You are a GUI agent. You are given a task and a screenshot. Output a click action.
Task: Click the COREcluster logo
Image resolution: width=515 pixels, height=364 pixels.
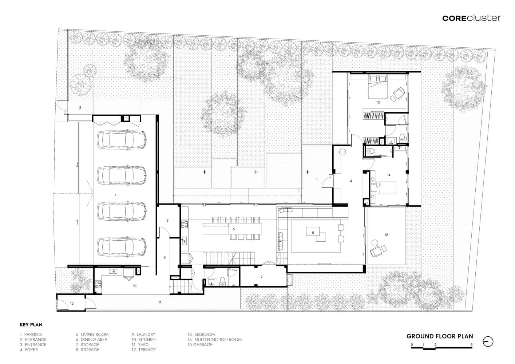pyautogui.click(x=472, y=18)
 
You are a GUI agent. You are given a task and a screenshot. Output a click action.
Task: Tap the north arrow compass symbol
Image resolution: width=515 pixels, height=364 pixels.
pyautogui.click(x=488, y=342)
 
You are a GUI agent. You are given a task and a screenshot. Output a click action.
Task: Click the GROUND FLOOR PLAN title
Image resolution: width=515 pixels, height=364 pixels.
pyautogui.click(x=440, y=336)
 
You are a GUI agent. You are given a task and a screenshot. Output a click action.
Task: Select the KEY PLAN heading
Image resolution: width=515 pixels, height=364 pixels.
pyautogui.click(x=31, y=325)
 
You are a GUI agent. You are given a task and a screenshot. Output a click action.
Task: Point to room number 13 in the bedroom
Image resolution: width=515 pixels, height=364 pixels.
pyautogui.click(x=378, y=102)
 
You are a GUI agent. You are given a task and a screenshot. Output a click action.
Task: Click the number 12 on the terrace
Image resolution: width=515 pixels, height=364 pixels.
pyautogui.click(x=386, y=235)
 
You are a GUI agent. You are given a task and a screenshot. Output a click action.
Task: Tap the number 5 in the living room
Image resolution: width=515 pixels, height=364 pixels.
pyautogui.click(x=313, y=233)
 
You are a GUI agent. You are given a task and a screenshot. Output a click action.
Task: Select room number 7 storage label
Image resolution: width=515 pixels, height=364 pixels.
pyautogui.click(x=261, y=277)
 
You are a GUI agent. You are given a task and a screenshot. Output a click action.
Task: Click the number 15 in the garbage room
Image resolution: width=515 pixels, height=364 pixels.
pyautogui.click(x=72, y=304)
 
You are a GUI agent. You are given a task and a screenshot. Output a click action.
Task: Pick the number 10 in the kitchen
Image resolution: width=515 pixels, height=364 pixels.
pyautogui.click(x=135, y=286)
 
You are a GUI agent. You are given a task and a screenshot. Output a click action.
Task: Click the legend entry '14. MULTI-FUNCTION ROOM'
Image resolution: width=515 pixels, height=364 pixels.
pyautogui.click(x=214, y=339)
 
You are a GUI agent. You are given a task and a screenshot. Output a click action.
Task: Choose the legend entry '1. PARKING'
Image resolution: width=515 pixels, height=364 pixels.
pyautogui.click(x=31, y=335)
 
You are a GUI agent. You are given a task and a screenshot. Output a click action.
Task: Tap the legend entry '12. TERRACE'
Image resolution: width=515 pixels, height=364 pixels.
pyautogui.click(x=144, y=349)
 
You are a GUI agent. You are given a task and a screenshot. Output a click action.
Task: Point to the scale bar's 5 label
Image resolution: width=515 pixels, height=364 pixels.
pyautogui.click(x=472, y=345)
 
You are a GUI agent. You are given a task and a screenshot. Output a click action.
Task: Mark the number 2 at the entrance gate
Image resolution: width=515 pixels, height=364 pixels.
pyautogui.click(x=80, y=107)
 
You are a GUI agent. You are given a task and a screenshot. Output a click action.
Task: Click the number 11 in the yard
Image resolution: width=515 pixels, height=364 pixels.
pyautogui.click(x=160, y=302)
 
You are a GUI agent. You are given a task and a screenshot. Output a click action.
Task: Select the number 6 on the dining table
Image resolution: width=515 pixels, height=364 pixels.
pyautogui.click(x=234, y=229)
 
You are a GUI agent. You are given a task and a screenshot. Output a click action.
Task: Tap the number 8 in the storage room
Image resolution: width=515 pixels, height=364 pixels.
pyautogui.click(x=167, y=220)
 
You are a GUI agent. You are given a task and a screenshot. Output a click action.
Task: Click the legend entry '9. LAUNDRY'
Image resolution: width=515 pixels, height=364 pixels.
pyautogui.click(x=143, y=335)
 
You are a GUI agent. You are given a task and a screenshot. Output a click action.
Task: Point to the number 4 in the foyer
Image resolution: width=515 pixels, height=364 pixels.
pyautogui.click(x=351, y=181)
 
